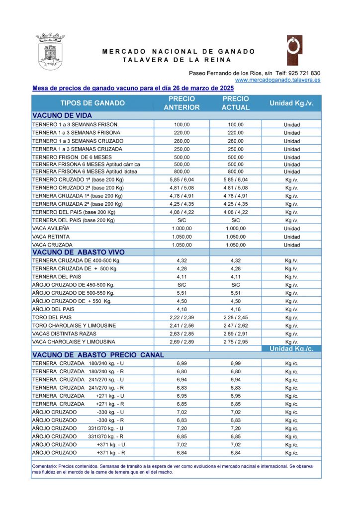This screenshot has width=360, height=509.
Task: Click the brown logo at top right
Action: [294, 50]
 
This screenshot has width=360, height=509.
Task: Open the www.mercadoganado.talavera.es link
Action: [277, 80]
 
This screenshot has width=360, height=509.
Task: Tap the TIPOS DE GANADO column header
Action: [92, 103]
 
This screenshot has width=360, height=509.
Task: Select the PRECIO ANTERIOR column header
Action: [182, 103]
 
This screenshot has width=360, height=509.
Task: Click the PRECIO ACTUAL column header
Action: [236, 103]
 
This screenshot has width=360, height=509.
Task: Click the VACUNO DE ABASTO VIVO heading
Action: [75, 252]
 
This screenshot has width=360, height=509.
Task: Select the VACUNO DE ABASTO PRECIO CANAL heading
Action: [98, 355]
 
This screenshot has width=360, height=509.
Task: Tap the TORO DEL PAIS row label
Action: [53, 317]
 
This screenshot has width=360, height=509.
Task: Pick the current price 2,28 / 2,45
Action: [236, 317]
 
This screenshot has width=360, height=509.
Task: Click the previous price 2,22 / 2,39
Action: [182, 317]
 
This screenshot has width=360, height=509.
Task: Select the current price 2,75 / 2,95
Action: [236, 341]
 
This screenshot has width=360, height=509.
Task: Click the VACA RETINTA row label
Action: [51, 237]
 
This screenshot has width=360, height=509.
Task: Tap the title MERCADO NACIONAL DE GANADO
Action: [179, 52]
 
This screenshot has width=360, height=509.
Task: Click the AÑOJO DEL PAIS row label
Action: [53, 309]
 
